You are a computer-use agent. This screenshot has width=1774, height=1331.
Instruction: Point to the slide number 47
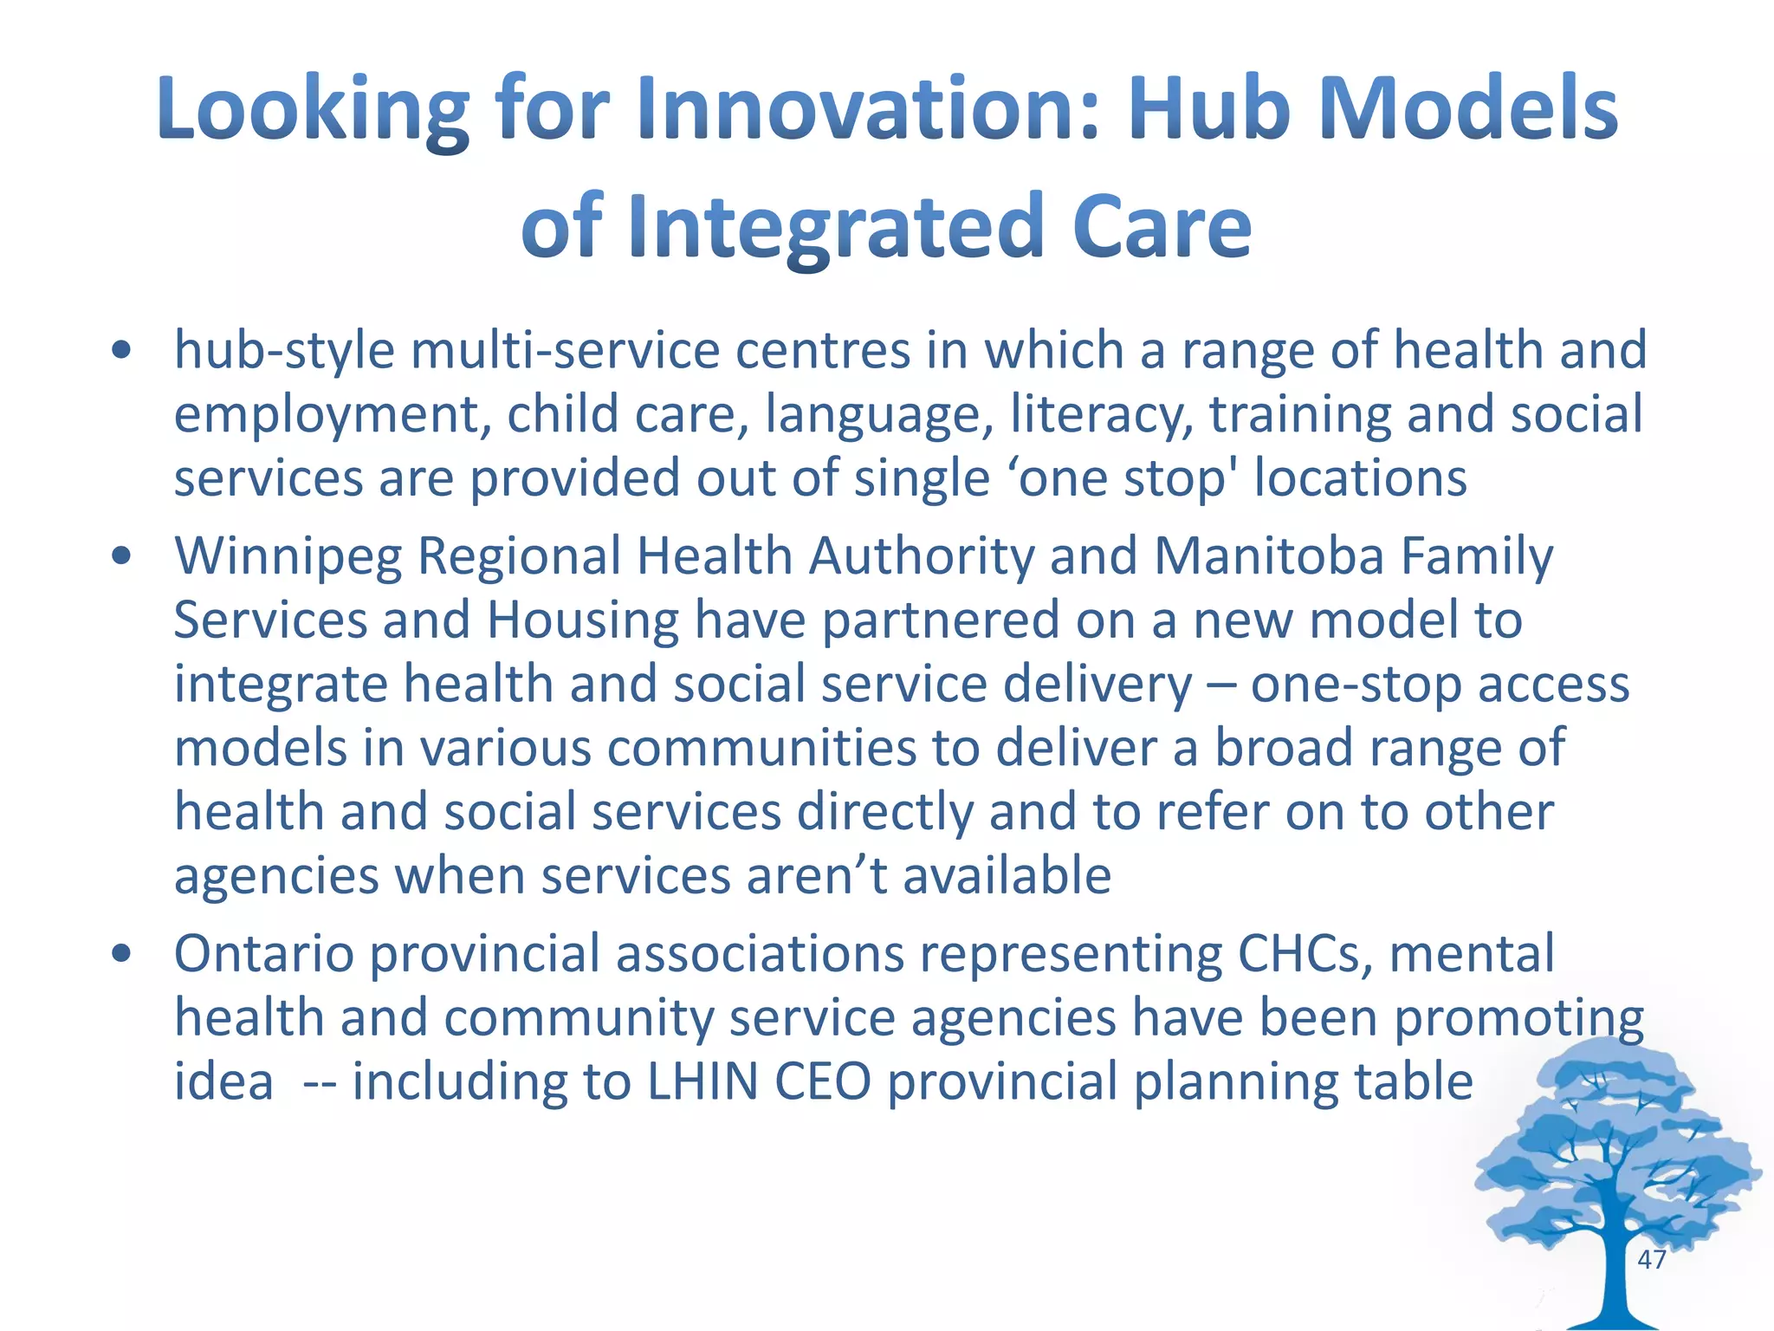(1652, 1259)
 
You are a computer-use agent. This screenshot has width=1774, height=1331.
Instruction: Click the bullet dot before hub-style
(121, 351)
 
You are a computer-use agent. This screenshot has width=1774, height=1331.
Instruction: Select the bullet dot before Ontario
(121, 954)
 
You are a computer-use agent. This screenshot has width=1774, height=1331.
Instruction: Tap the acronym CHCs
(1305, 954)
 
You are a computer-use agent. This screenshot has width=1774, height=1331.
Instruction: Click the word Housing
(583, 620)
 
